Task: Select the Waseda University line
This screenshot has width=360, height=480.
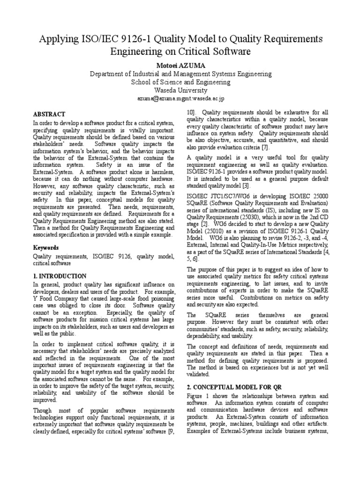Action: [180, 90]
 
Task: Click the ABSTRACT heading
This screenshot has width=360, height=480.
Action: [49, 114]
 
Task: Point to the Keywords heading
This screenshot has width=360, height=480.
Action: [45, 247]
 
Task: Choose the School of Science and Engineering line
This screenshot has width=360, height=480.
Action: [180, 82]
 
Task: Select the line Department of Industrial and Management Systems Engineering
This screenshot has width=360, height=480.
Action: [180, 74]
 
